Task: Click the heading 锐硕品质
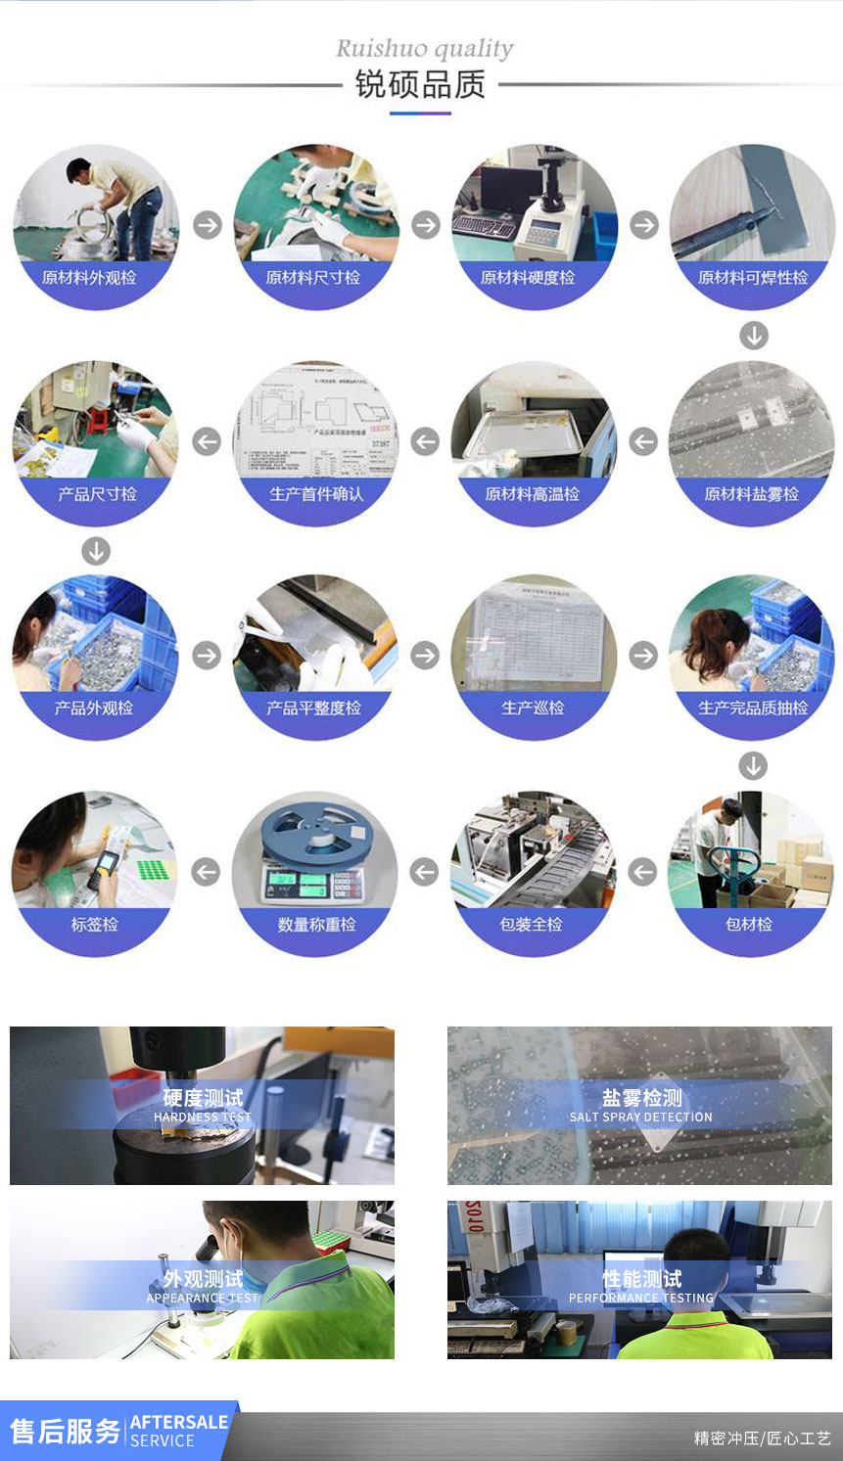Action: click(420, 85)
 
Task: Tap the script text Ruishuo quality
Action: click(424, 48)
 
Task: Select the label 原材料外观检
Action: click(89, 278)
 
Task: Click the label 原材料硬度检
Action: click(528, 278)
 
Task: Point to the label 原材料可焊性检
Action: click(752, 278)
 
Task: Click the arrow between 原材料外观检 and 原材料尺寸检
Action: click(207, 225)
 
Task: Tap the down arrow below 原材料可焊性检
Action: click(753, 336)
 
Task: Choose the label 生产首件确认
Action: click(315, 494)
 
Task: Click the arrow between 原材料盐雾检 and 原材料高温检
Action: click(643, 441)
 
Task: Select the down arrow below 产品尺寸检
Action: click(96, 551)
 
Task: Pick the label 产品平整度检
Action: click(313, 708)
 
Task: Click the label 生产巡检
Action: click(533, 708)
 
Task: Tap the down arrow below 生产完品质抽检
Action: click(753, 765)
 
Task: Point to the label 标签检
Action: click(95, 924)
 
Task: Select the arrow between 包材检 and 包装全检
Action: click(642, 871)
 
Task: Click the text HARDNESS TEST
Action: click(203, 1117)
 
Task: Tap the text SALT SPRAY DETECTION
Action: click(640, 1117)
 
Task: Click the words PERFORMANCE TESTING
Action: click(640, 1298)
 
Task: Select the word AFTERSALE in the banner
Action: click(178, 1422)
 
